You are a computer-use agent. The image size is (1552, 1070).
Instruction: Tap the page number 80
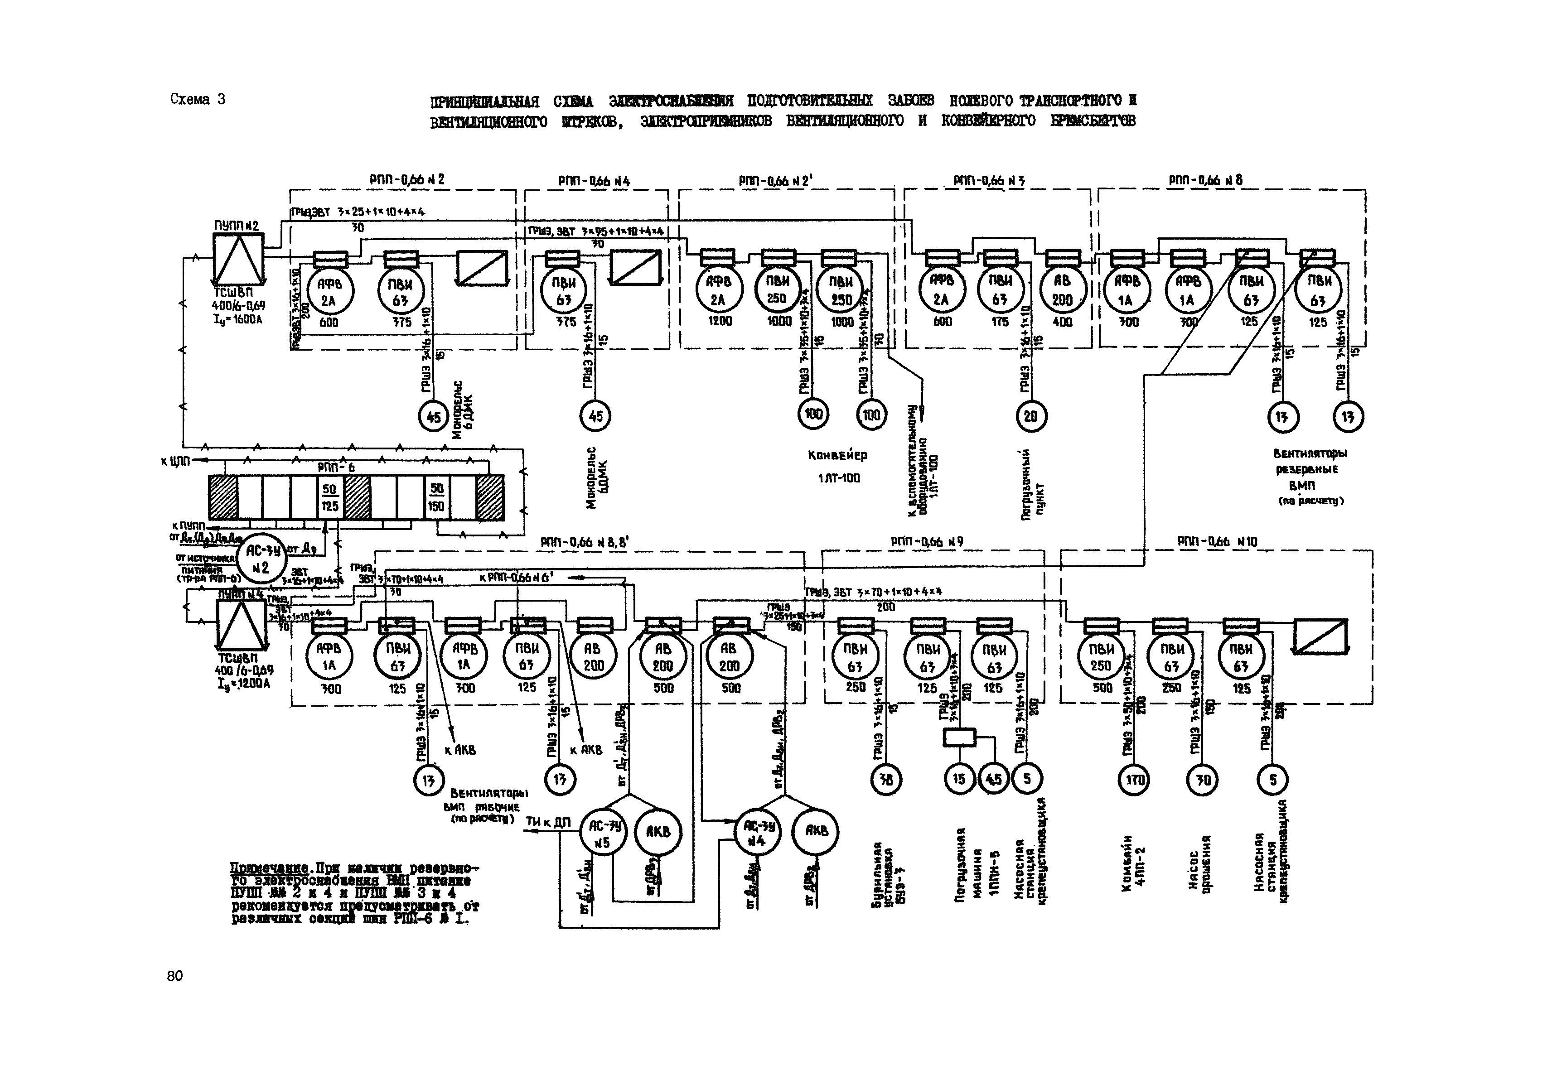tap(174, 975)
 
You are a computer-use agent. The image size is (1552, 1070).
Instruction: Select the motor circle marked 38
tap(886, 779)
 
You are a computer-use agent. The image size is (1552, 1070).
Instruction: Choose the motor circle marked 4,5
tap(993, 779)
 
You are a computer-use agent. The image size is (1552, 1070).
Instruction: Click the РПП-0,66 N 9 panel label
tap(927, 542)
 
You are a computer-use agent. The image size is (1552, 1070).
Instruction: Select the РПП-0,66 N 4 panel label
tap(594, 181)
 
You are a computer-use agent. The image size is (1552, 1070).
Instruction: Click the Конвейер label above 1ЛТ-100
tap(837, 455)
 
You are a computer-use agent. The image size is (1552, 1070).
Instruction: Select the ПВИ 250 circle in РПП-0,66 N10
tap(1101, 658)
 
